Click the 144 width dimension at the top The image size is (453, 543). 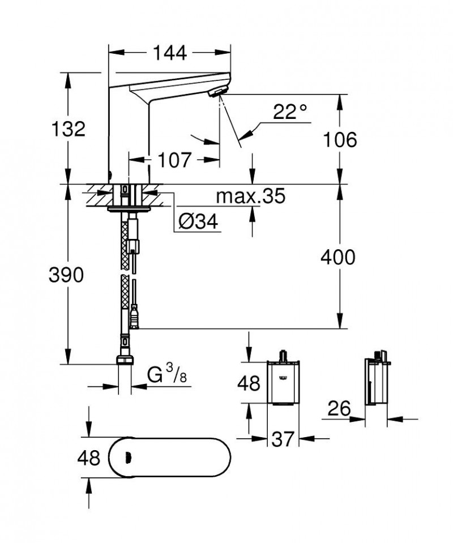point(169,53)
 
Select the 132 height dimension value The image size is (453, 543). point(67,129)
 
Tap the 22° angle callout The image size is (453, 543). point(290,112)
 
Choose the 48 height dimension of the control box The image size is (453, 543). point(247,384)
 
